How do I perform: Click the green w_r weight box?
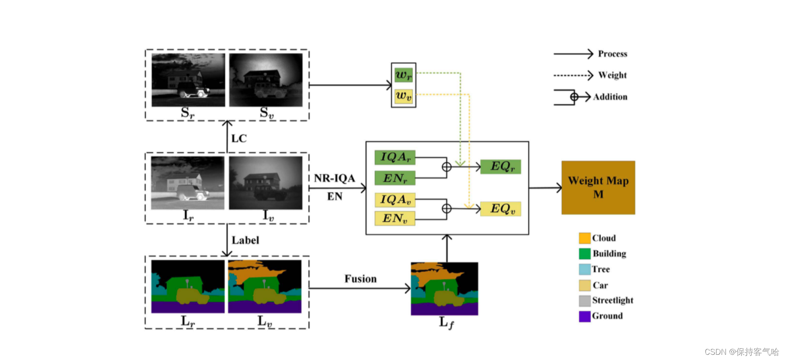coord(403,75)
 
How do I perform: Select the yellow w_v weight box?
coord(403,96)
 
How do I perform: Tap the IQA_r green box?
coord(395,157)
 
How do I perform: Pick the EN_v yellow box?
coord(395,218)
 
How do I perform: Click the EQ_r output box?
coord(500,167)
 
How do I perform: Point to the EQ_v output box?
coord(500,209)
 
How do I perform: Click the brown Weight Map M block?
coord(598,187)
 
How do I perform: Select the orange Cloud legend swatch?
coord(584,238)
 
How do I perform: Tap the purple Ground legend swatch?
coord(584,316)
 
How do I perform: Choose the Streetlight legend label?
coord(612,300)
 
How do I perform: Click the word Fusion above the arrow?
coord(360,279)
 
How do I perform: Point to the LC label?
coord(239,139)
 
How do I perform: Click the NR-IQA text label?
coord(334,178)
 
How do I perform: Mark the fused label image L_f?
coord(444,289)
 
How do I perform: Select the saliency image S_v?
coord(266,80)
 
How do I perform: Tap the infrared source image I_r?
coord(188,183)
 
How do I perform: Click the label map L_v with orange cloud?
coord(265,287)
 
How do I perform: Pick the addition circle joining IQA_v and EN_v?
coord(446,209)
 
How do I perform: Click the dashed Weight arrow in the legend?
coord(573,75)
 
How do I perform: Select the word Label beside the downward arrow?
coord(245,240)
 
